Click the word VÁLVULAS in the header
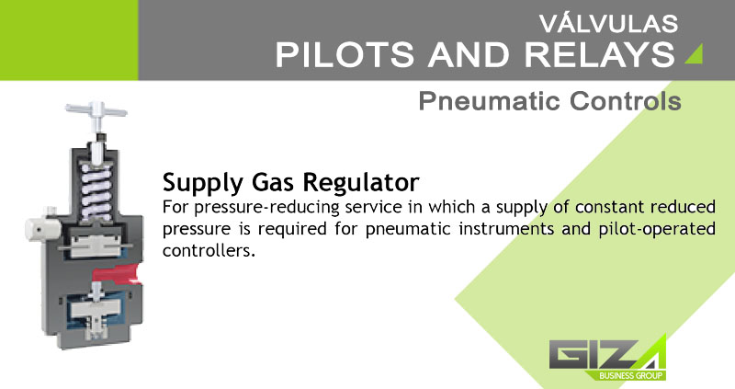(x=608, y=23)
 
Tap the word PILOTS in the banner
(x=345, y=54)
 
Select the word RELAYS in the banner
(x=600, y=54)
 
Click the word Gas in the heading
(x=273, y=182)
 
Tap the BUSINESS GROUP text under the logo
(x=630, y=375)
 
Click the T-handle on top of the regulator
(x=96, y=111)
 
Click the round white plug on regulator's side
(x=41, y=229)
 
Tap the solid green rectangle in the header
(x=69, y=40)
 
